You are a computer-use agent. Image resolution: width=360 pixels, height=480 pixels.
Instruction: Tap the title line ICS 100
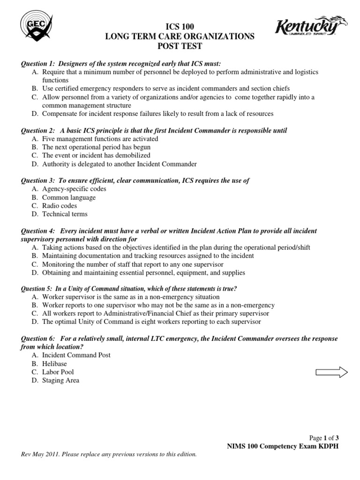click(180, 27)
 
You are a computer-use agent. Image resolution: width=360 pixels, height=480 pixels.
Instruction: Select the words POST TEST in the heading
click(180, 46)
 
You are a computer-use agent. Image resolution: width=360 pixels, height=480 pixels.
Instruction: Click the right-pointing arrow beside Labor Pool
click(331, 372)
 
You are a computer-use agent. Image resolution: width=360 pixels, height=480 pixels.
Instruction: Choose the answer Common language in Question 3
click(68, 197)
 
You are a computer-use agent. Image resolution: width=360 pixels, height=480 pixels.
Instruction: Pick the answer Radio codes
click(60, 206)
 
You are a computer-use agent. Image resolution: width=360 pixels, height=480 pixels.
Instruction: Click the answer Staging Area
click(60, 381)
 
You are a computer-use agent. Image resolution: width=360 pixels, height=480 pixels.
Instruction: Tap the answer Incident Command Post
click(76, 355)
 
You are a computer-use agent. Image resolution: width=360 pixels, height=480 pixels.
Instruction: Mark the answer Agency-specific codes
click(74, 189)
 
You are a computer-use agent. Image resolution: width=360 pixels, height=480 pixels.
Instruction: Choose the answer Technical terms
click(65, 214)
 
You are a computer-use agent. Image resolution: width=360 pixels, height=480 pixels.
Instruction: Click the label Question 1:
click(37, 63)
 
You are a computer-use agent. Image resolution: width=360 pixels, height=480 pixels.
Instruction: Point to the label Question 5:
click(37, 288)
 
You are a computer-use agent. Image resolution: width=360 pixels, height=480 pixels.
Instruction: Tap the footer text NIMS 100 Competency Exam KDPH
click(281, 446)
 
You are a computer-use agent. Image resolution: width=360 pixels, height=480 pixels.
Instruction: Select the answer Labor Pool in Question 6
click(58, 372)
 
